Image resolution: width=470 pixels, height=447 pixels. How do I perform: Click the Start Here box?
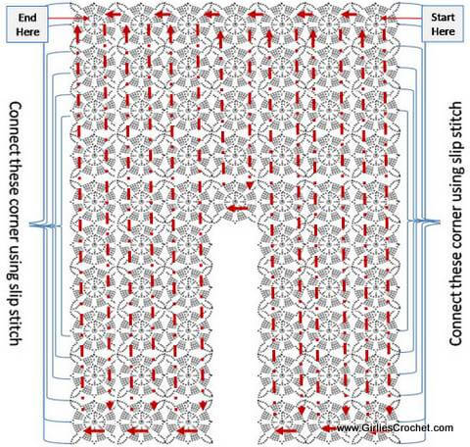coord(443,25)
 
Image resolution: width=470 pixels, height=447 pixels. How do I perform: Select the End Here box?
coord(27,25)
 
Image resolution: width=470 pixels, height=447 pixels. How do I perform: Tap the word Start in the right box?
coord(443,17)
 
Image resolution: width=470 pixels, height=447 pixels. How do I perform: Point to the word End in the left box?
coord(27,18)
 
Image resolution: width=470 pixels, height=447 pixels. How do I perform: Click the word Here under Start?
coord(443,31)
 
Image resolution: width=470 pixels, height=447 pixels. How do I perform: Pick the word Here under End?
coord(27,32)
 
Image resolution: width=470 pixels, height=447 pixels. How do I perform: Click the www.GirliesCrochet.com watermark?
coord(395,427)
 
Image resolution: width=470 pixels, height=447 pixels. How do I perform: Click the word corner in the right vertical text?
coord(455,233)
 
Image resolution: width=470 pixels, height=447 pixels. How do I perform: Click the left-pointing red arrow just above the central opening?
coord(237,208)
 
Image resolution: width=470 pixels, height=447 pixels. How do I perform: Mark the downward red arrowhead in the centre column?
coord(250,185)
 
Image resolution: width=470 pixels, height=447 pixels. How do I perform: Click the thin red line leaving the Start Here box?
coord(401,19)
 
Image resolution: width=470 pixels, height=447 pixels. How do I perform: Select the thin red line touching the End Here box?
coord(69,19)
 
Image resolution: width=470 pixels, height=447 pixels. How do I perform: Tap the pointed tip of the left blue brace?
coord(30,224)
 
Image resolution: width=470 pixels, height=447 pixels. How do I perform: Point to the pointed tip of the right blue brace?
coord(440,223)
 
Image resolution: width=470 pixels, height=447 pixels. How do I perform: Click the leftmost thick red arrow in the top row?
coord(114,14)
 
